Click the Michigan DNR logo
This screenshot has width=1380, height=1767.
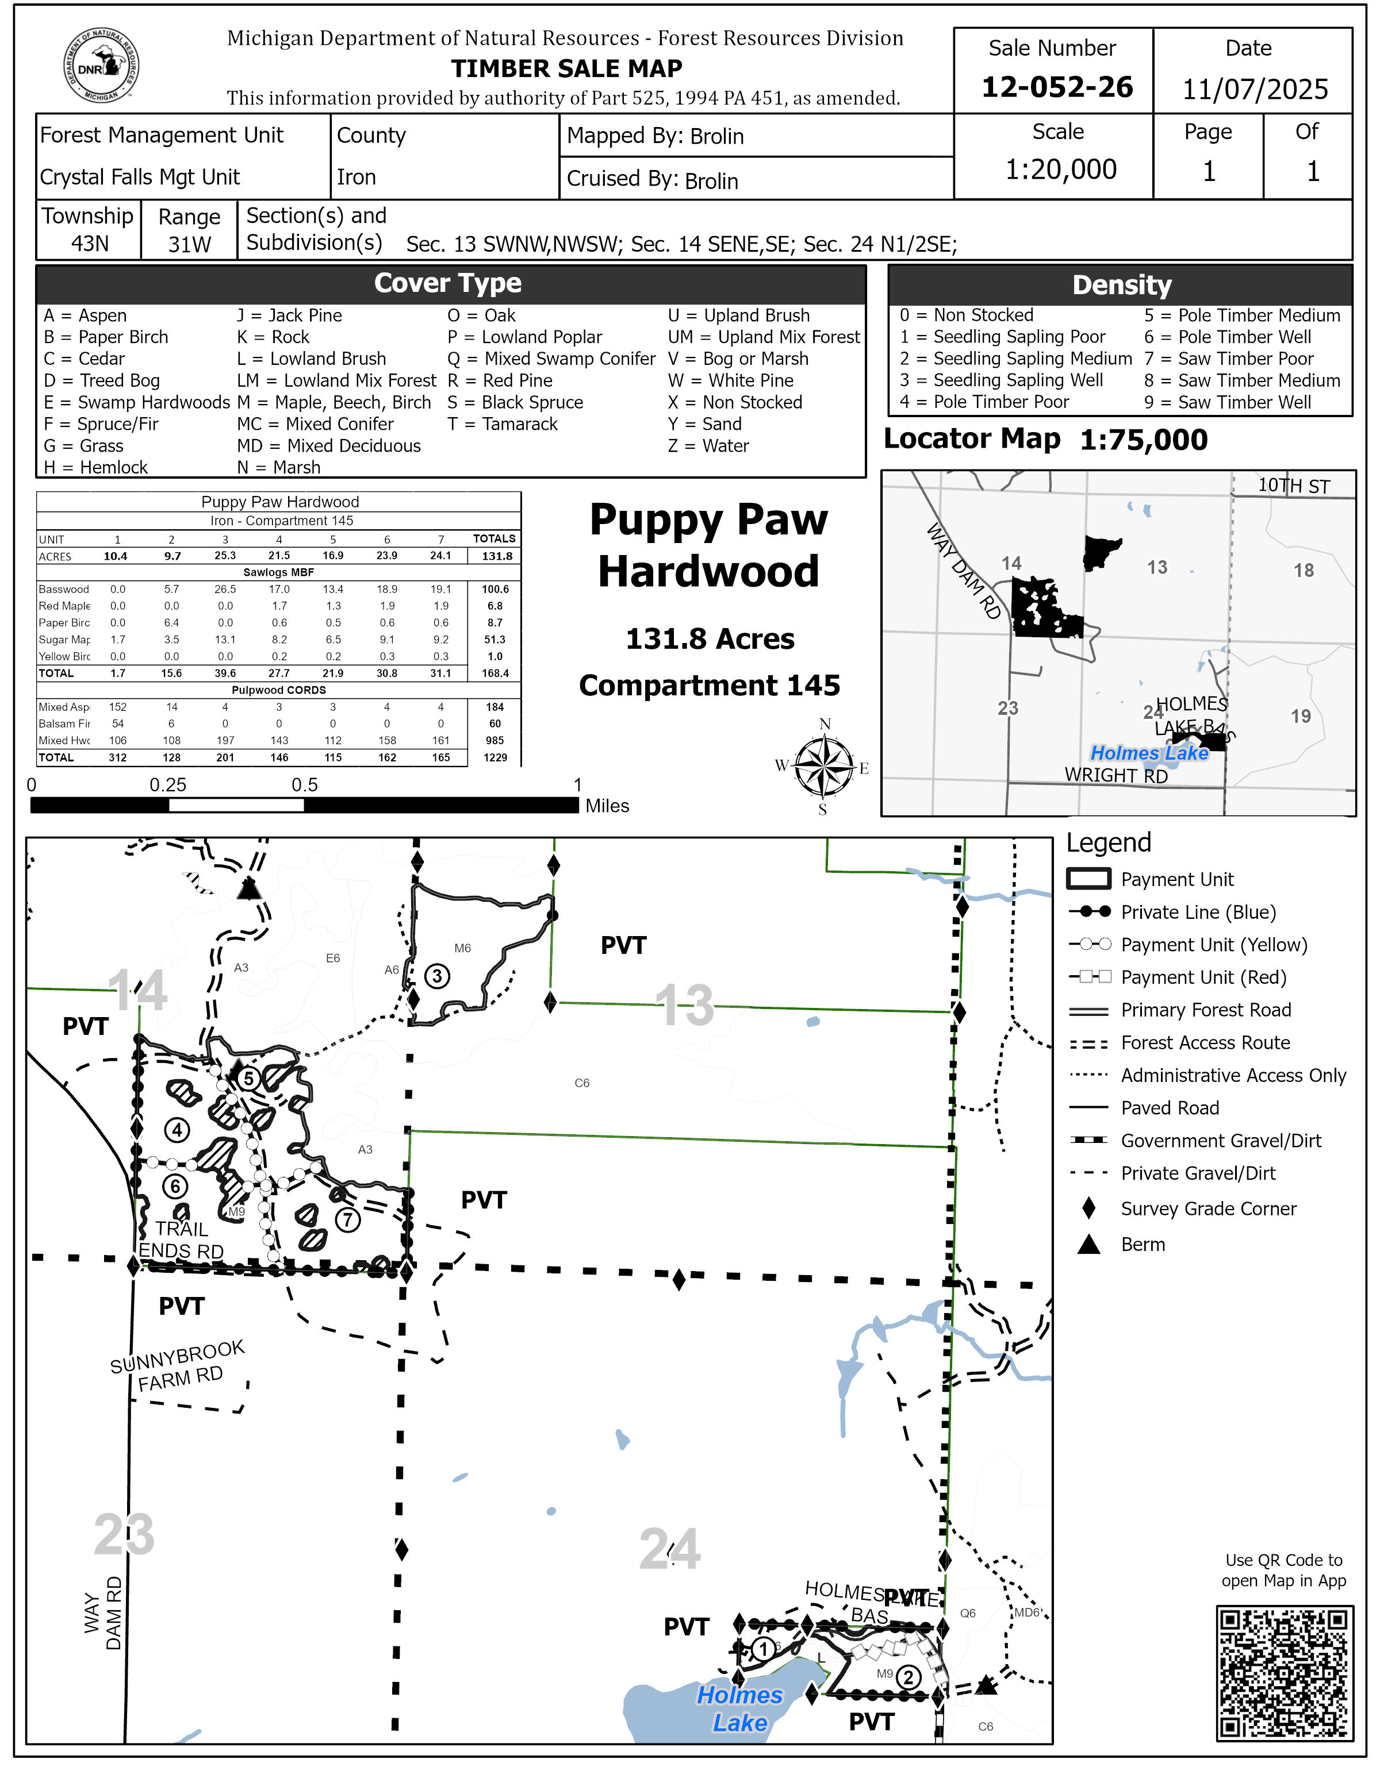(101, 66)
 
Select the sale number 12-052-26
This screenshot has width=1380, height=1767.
(1056, 87)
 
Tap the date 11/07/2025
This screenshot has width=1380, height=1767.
(1255, 89)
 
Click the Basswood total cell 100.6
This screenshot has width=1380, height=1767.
(495, 589)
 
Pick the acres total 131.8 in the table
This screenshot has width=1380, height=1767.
(496, 556)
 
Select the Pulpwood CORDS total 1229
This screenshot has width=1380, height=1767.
(495, 757)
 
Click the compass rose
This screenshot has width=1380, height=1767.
(823, 766)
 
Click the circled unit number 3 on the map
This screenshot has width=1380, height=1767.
(437, 976)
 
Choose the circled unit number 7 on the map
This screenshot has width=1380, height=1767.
(347, 1219)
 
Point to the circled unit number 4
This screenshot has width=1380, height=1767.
(177, 1130)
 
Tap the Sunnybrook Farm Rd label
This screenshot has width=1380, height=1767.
(178, 1366)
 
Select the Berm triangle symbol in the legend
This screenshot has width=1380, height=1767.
(1088, 1244)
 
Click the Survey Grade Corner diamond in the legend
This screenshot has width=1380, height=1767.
(1088, 1209)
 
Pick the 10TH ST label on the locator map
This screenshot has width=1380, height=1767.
(1293, 486)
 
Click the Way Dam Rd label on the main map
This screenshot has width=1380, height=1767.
(103, 1612)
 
